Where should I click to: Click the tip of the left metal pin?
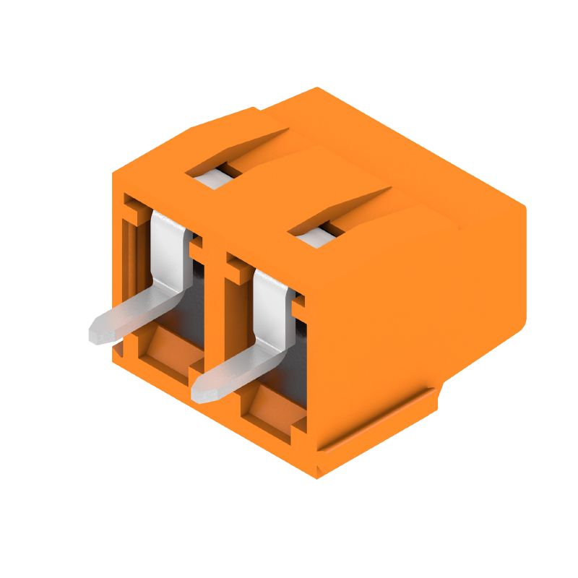(x=96, y=333)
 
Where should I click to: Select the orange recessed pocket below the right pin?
(x=271, y=412)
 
